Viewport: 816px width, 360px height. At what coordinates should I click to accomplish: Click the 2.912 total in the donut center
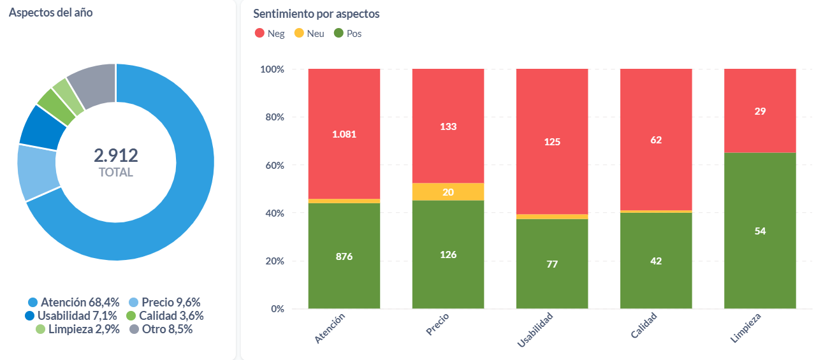(x=116, y=155)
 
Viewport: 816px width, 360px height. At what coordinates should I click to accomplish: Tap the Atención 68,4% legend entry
(x=74, y=302)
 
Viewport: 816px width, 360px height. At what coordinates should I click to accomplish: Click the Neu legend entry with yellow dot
(x=309, y=33)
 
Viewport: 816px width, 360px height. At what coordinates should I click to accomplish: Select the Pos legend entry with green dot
(x=348, y=33)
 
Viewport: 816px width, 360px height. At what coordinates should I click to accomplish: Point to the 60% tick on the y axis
(x=273, y=165)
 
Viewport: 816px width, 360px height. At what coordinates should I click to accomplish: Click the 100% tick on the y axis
(x=271, y=69)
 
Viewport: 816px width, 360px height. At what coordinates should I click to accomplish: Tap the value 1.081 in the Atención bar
(x=344, y=134)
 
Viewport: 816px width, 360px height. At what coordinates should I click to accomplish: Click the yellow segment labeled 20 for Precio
(x=448, y=192)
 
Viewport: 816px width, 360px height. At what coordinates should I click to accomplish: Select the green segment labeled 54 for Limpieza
(x=760, y=231)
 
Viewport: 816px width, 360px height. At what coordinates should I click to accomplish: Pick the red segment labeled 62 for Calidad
(x=656, y=140)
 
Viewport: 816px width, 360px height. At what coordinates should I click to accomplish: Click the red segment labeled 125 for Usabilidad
(x=552, y=141)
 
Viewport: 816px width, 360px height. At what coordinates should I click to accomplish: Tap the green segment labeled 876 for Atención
(x=344, y=256)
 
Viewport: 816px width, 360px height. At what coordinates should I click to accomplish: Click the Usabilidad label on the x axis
(x=535, y=331)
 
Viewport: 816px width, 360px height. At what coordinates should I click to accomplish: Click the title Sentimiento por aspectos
(x=316, y=13)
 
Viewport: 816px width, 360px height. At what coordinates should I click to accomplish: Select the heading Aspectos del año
(x=51, y=12)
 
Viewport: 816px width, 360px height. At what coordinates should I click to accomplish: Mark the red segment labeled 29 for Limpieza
(x=760, y=111)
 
